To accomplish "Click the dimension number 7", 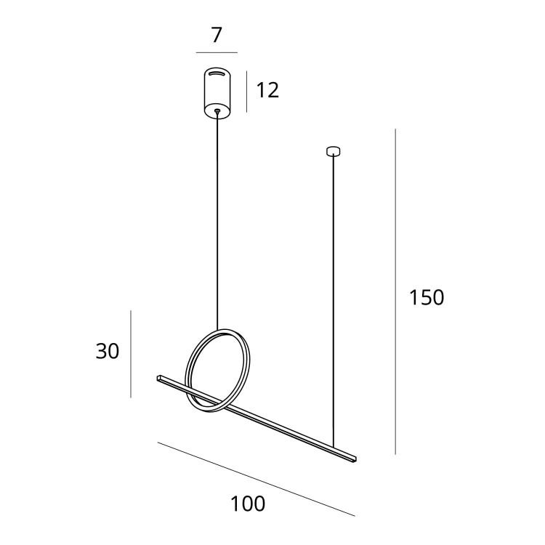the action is coord(217,35).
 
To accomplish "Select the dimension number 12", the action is coord(267,90).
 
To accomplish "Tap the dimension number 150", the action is coord(427,297).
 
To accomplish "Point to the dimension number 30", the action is coord(108,351).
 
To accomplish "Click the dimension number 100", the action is coord(248,504).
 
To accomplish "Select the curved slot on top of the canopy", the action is coord(217,73).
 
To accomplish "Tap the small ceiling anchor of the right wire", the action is coord(333,151).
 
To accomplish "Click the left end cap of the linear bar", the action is coord(158,378).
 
